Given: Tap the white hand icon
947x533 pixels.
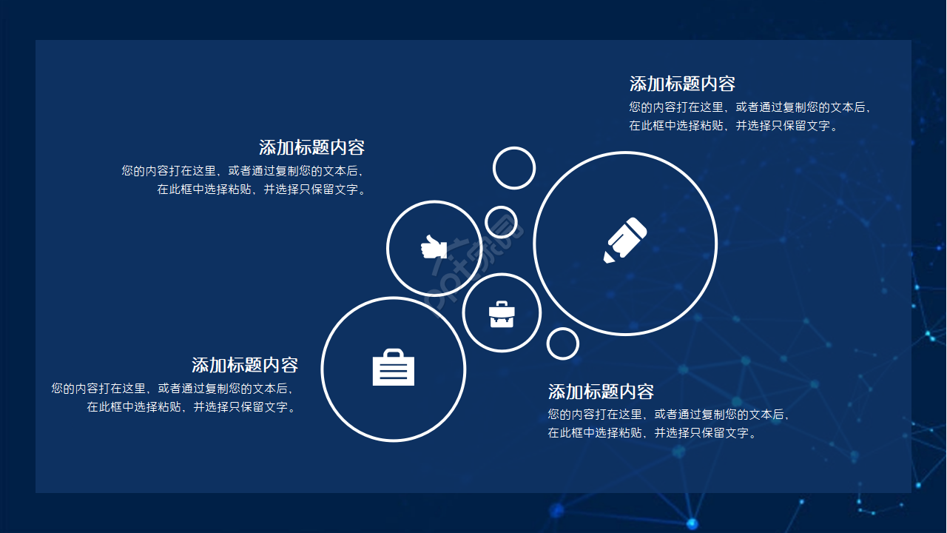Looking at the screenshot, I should point(434,247).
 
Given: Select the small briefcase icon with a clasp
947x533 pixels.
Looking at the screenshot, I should point(502,314).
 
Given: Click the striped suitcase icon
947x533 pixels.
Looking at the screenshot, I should point(394,368).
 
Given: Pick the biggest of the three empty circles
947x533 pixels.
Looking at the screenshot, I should point(514,168).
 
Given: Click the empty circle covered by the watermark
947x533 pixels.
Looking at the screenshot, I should point(501,222).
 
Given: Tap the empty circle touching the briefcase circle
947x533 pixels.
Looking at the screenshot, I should point(563,343).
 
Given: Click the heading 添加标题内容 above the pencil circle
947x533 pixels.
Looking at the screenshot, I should point(682,83).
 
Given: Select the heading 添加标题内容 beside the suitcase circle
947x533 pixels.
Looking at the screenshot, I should point(245,365).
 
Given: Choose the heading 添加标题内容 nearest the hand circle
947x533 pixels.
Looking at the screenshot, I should point(311,147).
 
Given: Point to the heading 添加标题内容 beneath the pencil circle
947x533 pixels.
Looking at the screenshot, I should point(601,391).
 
